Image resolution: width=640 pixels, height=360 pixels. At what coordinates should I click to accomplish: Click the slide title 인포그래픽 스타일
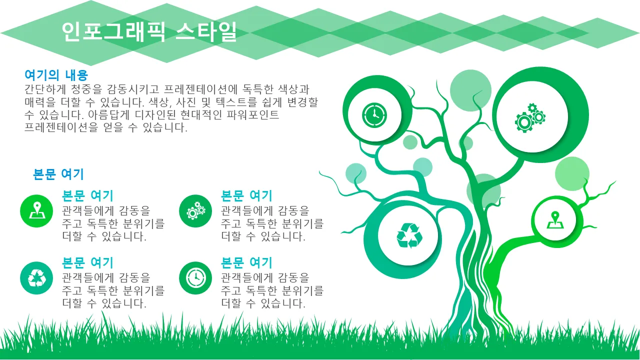149,31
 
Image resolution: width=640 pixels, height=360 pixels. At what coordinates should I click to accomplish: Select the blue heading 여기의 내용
56,75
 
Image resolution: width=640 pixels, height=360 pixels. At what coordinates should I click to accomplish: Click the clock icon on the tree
374,115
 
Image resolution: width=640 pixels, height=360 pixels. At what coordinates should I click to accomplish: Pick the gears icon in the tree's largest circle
530,117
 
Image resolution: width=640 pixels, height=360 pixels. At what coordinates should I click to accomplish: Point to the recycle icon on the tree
409,235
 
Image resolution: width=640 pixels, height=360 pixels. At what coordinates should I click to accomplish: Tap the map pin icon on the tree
555,220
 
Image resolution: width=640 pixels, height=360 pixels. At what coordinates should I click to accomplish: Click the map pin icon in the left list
36,211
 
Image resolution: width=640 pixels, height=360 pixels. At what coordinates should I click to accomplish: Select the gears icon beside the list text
195,211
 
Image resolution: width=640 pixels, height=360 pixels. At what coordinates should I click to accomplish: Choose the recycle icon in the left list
36,278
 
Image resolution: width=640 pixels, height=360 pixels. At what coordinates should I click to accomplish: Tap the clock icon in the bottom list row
195,278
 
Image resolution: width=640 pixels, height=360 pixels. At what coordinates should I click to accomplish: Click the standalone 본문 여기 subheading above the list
58,174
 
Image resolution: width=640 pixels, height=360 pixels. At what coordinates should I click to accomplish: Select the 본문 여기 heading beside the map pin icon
87,195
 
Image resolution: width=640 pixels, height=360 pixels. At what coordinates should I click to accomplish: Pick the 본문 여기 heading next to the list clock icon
246,263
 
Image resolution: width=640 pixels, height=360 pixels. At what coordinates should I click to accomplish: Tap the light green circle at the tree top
470,90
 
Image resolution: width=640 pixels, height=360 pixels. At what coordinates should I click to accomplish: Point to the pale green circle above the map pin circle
572,173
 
